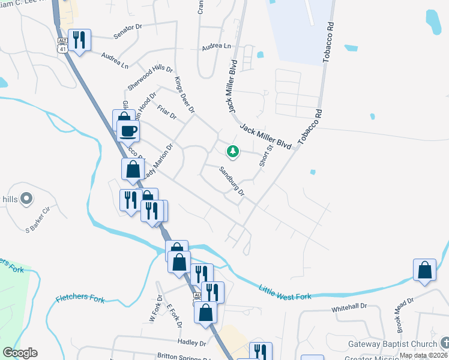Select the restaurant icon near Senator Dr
tap(79, 40)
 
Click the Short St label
tap(265, 155)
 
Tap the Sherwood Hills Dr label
tap(150, 77)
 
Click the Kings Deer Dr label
tap(184, 95)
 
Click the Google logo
tap(20, 353)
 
